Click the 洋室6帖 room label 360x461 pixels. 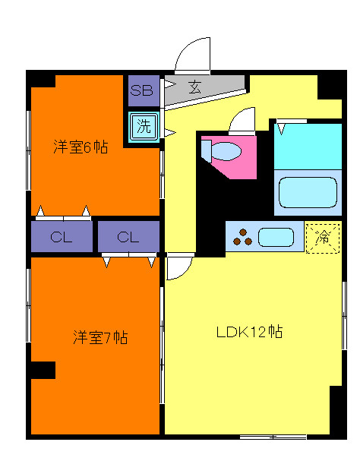coord(80,147)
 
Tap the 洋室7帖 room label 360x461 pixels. coord(99,337)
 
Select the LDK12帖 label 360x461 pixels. coord(249,332)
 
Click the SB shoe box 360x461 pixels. coord(142,90)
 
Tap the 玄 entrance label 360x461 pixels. coord(195,87)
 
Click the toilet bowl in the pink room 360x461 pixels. coord(226,152)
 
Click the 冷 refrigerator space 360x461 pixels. coord(323,237)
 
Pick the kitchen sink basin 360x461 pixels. coord(275,237)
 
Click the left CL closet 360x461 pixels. coord(61,237)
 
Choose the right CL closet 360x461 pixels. coord(128,237)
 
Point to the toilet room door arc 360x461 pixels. coord(244,119)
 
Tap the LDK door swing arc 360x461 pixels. coord(179,267)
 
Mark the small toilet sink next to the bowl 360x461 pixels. coord(207,148)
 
